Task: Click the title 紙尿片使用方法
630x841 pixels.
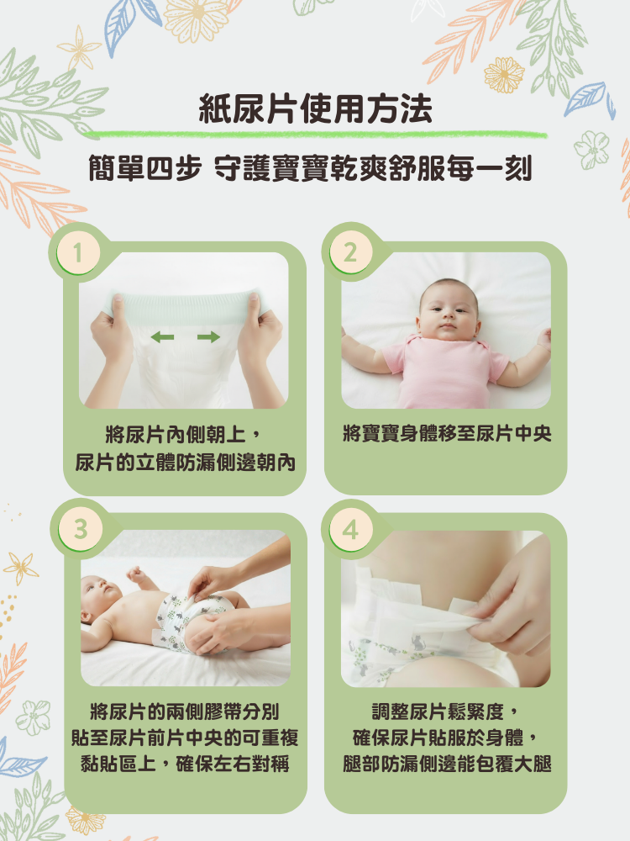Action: click(x=315, y=108)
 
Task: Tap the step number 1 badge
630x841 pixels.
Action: click(x=78, y=252)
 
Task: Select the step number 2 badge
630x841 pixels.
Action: click(x=349, y=252)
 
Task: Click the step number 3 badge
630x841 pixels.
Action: click(x=81, y=529)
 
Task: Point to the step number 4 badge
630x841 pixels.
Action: click(x=350, y=529)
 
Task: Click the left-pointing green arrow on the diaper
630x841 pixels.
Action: click(x=162, y=337)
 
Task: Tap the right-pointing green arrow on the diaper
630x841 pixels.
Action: click(x=208, y=337)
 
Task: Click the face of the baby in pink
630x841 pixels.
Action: click(x=448, y=311)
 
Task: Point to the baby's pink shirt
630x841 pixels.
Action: click(x=444, y=371)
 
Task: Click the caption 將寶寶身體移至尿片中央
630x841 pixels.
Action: click(x=447, y=433)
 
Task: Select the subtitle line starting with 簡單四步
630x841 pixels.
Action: click(x=310, y=168)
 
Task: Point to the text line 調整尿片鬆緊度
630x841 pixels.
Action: click(x=446, y=711)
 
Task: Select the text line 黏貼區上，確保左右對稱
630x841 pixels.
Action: click(x=185, y=764)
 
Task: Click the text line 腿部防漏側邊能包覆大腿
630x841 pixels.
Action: click(x=447, y=764)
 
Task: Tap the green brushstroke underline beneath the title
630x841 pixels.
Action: click(x=316, y=134)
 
